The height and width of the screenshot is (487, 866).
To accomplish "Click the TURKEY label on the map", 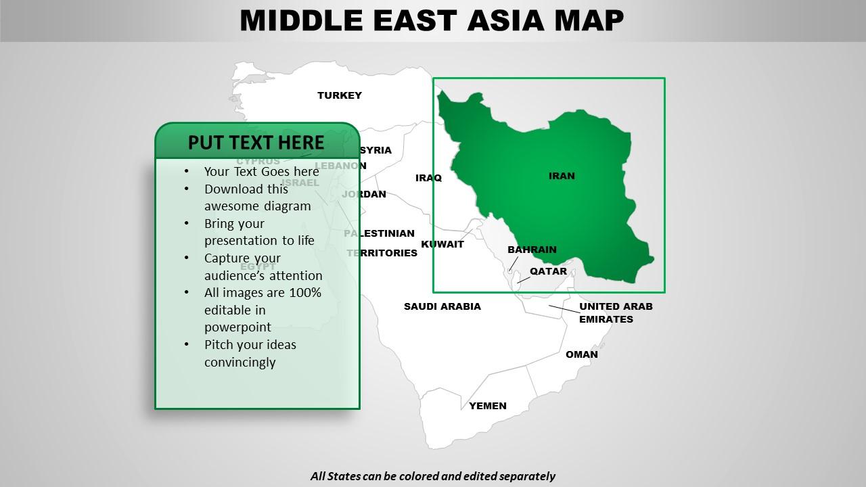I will pyautogui.click(x=340, y=95).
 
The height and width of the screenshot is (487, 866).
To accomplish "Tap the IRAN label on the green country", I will pyautogui.click(x=562, y=176).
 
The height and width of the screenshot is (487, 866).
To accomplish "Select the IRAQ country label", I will pyautogui.click(x=428, y=178).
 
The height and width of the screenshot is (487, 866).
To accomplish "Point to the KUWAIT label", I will pyautogui.click(x=442, y=244).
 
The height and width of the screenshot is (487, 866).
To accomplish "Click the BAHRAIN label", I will pyautogui.click(x=532, y=250).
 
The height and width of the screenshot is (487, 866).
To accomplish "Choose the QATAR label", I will pyautogui.click(x=548, y=271).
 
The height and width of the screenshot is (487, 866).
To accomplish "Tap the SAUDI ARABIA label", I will pyautogui.click(x=442, y=306).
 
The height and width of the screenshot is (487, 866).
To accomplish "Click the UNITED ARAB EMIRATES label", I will pyautogui.click(x=615, y=312).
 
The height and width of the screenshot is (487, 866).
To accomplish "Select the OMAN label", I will pyautogui.click(x=582, y=354).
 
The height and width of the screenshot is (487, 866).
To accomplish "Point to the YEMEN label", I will pyautogui.click(x=488, y=406).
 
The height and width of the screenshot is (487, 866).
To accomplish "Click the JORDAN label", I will pyautogui.click(x=365, y=194).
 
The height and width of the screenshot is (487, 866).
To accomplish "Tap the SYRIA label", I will pyautogui.click(x=375, y=150).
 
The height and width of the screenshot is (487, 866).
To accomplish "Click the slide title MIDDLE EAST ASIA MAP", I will pyautogui.click(x=432, y=20).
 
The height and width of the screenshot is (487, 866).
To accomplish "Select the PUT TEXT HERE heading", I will pyautogui.click(x=256, y=143).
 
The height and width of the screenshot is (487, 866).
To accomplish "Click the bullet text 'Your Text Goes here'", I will pyautogui.click(x=261, y=172).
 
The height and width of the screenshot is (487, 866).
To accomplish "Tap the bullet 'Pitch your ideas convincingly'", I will pyautogui.click(x=250, y=353).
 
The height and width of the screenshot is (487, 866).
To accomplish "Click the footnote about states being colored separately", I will pyautogui.click(x=433, y=476).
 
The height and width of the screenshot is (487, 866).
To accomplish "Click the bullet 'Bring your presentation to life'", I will pyautogui.click(x=259, y=232).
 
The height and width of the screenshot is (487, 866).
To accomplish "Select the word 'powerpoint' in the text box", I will pyautogui.click(x=237, y=327).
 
